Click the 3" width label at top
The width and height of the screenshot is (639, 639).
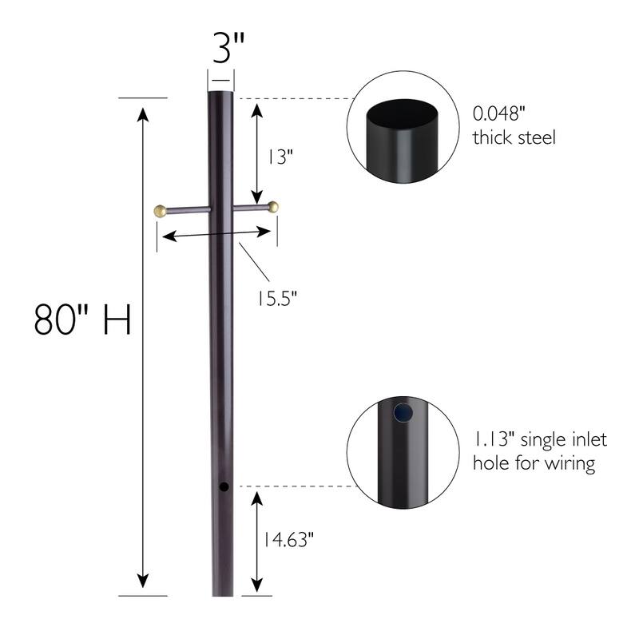(221, 50)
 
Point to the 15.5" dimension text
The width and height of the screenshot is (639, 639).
(276, 298)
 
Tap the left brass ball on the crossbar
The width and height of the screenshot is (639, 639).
(160, 211)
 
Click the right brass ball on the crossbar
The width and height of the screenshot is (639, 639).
(274, 207)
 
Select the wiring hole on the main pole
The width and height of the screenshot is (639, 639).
(224, 486)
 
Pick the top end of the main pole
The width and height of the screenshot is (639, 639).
(221, 94)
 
